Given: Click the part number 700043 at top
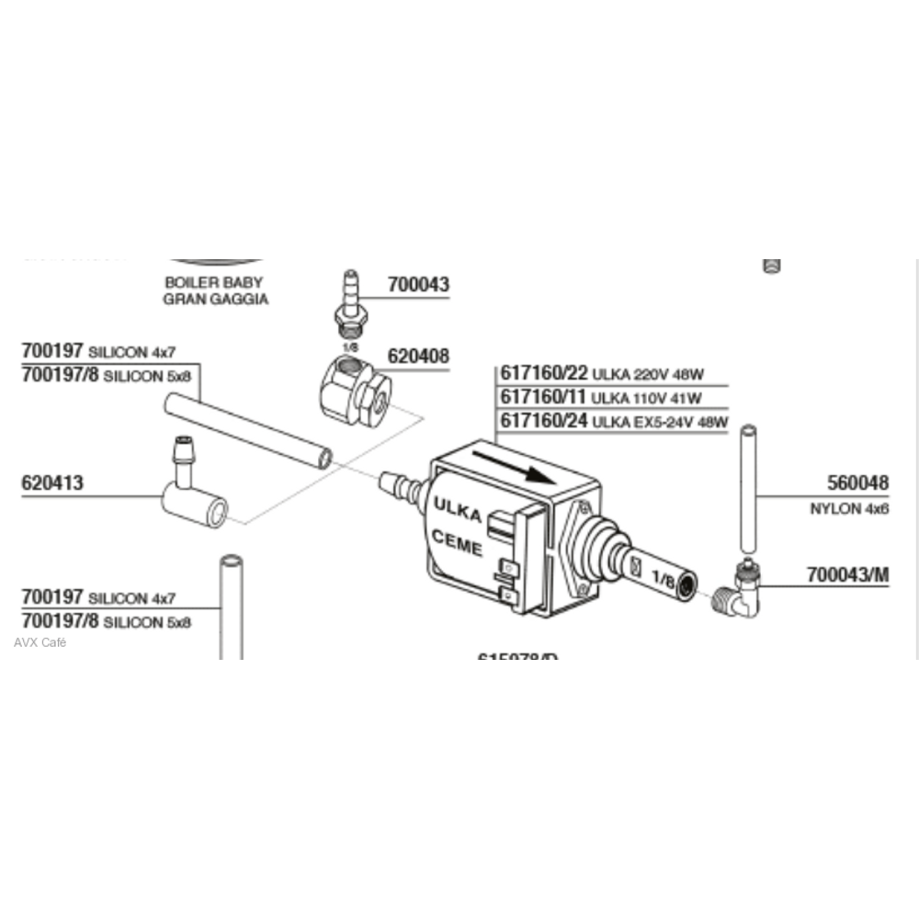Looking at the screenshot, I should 418,285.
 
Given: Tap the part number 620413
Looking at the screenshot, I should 52,482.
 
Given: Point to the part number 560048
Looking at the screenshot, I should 858,482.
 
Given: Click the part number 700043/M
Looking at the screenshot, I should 848,574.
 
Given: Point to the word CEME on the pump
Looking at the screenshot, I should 456,543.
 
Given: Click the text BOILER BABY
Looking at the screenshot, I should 213,282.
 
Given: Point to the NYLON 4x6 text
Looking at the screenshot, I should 849,508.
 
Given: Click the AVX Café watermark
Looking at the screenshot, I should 40,642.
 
